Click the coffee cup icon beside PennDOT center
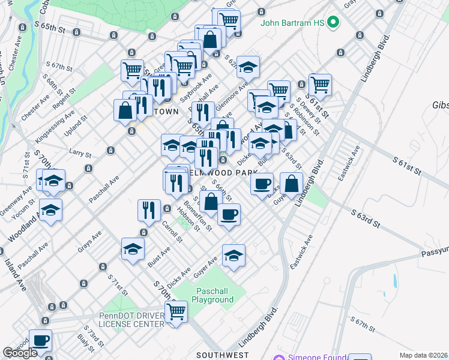pyautogui.click(x=41, y=341)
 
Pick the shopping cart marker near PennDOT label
pyautogui.click(x=176, y=311)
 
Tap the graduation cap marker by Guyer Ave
pyautogui.click(x=234, y=256)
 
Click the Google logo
pyautogui.click(x=20, y=353)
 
